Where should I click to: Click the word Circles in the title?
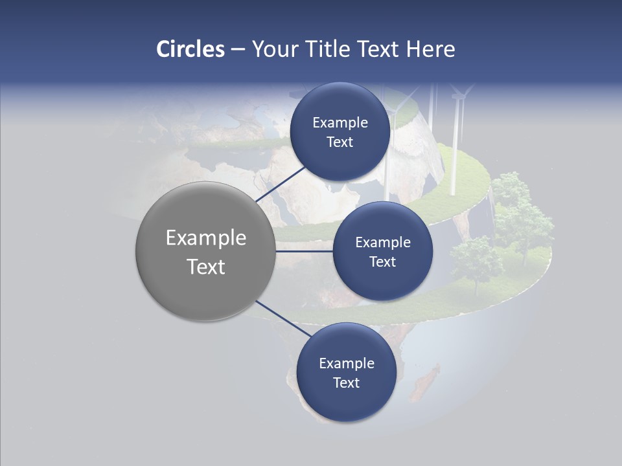(190, 49)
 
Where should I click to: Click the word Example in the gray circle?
(206, 238)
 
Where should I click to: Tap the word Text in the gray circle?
(206, 267)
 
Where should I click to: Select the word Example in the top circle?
(340, 123)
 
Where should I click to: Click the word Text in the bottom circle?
(346, 383)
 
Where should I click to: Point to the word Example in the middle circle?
(383, 243)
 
